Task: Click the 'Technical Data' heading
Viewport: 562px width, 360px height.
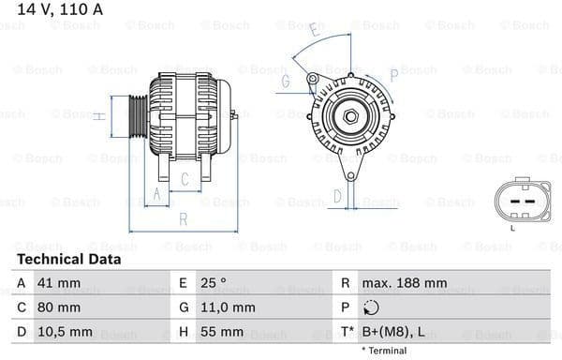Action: (68, 259)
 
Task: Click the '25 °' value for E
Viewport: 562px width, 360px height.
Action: (213, 282)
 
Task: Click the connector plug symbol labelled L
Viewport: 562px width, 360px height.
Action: (512, 202)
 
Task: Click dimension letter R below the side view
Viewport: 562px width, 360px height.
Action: (183, 218)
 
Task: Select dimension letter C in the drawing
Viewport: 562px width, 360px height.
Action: (185, 178)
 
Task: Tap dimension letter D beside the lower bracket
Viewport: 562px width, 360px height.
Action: (338, 196)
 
